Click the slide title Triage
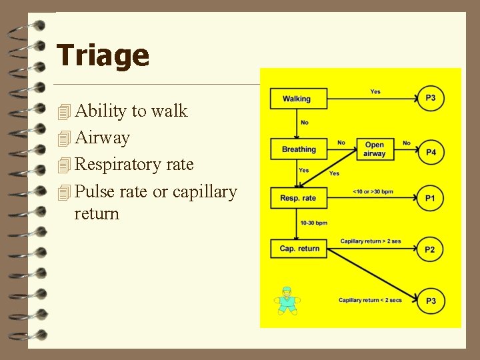[103, 55]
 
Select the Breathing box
[299, 149]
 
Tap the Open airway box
[375, 149]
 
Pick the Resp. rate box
[299, 198]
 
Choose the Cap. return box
[299, 249]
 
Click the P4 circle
[431, 152]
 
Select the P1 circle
[431, 199]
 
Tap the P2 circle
[431, 249]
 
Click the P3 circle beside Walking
[431, 98]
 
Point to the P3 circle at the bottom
[431, 301]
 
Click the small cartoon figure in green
[287, 301]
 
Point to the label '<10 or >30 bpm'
[373, 192]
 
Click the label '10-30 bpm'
[313, 223]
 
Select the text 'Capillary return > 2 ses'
[371, 241]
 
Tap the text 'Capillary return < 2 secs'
[370, 301]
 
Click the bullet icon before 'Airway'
[64, 139]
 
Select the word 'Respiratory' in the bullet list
[114, 165]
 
